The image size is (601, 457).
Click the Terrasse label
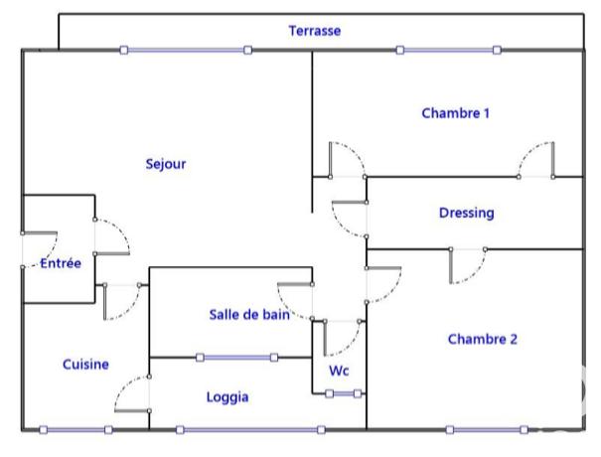click(x=315, y=31)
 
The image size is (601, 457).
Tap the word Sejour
click(x=166, y=164)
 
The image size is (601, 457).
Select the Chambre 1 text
click(x=456, y=113)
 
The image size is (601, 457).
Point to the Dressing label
click(x=466, y=213)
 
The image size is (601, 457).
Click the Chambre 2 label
click(x=483, y=339)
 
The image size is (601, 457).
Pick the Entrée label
click(x=61, y=263)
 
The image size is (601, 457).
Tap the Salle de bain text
click(x=249, y=315)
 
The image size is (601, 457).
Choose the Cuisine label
click(x=85, y=365)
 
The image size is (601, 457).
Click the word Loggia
click(x=227, y=397)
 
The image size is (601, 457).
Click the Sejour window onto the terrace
click(x=186, y=50)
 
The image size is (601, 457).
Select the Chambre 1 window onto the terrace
click(x=448, y=50)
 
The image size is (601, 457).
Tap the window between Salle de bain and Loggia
click(x=238, y=358)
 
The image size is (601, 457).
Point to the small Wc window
click(x=344, y=394)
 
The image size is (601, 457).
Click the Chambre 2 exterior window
click(x=488, y=430)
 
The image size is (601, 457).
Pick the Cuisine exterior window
click(x=75, y=430)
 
